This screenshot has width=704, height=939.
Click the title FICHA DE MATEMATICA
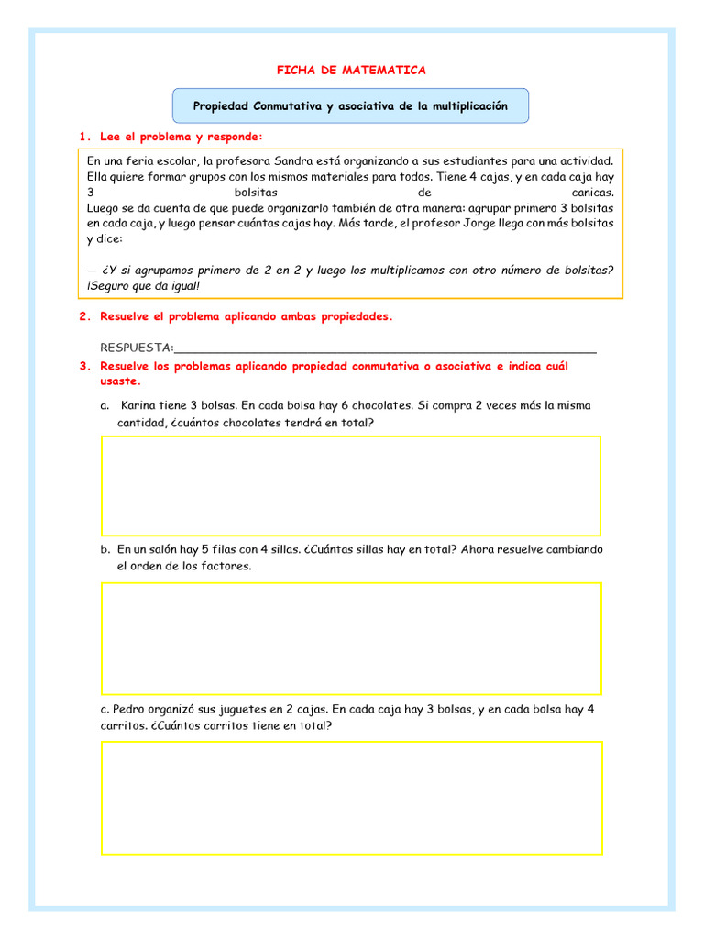click(x=352, y=70)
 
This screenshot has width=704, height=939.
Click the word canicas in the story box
click(x=591, y=193)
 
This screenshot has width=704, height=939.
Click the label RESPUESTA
click(x=136, y=348)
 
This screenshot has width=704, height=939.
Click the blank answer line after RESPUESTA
click(x=385, y=348)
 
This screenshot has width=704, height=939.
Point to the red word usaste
click(x=119, y=381)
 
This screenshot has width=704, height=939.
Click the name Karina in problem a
click(x=139, y=404)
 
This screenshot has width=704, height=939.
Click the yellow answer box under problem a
click(x=351, y=486)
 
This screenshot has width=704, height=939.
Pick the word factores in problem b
click(x=225, y=566)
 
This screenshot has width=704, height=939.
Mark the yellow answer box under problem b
click(x=351, y=638)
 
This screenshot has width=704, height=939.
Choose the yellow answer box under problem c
click(x=351, y=798)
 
